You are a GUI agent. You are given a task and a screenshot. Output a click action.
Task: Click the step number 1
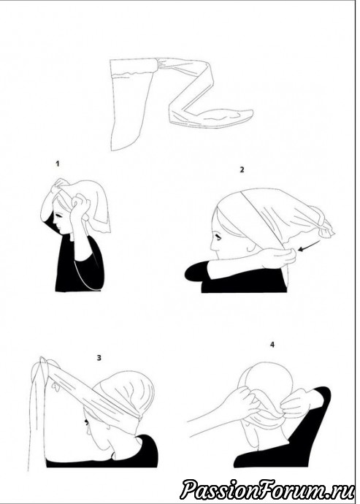point(58,164)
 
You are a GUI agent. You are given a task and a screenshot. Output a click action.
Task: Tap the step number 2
point(242,169)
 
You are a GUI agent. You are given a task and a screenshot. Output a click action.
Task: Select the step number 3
point(99,357)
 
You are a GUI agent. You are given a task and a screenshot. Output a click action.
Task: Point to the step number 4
point(272,345)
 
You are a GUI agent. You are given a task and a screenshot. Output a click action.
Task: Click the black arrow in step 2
point(309,245)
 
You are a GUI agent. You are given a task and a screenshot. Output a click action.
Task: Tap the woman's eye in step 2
point(219,238)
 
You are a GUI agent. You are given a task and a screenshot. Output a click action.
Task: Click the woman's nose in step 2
point(212,247)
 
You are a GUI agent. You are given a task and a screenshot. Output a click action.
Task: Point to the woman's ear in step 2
point(250,248)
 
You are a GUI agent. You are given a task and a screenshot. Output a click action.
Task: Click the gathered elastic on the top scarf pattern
point(164,64)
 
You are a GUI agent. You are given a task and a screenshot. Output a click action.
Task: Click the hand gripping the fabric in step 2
point(279,259)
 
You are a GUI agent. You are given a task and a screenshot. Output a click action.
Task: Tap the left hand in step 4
point(241,402)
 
